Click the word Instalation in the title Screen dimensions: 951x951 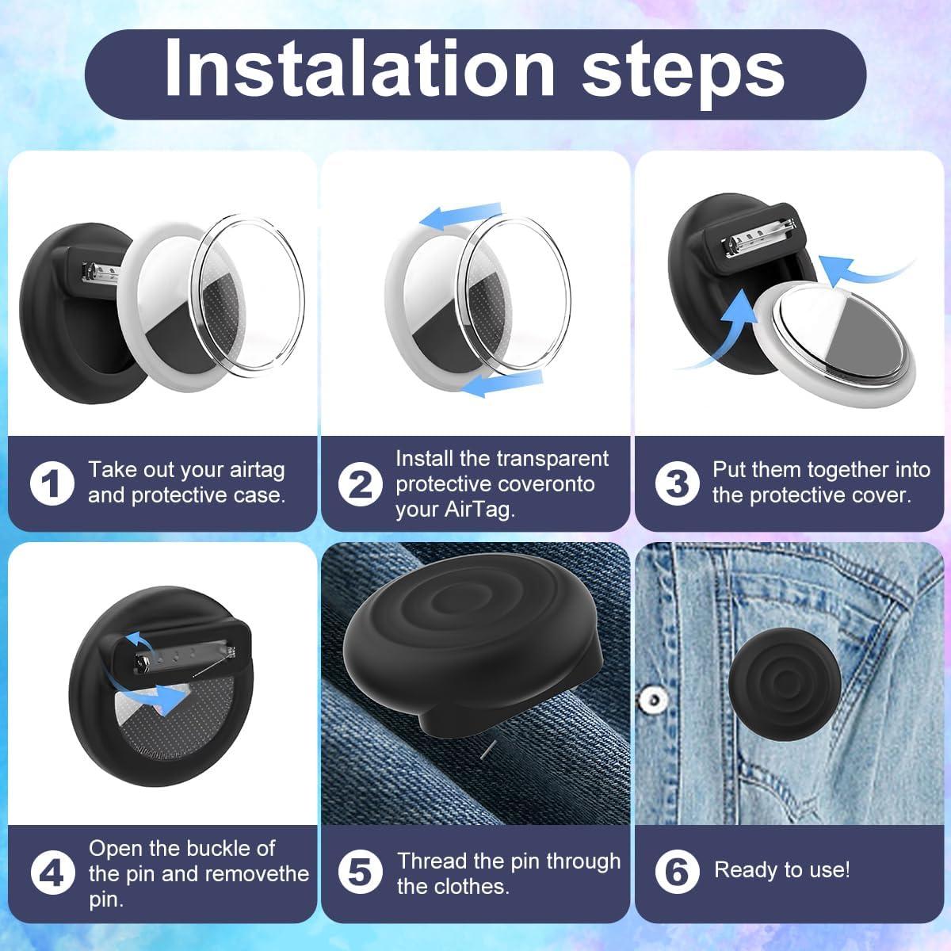click(360, 67)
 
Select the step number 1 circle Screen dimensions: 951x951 click(52, 483)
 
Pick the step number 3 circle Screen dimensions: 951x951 click(677, 483)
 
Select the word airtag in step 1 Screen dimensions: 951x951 click(257, 471)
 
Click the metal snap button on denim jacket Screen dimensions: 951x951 click(653, 699)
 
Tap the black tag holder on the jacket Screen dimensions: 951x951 click(785, 684)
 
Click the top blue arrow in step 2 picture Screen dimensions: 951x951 click(460, 216)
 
